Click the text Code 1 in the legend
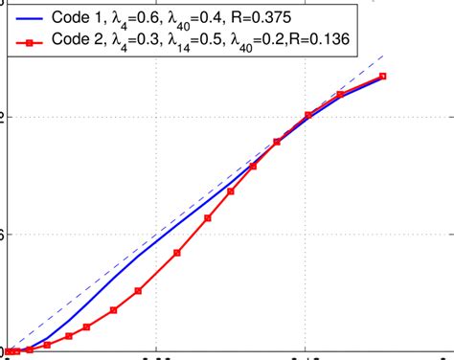(79, 17)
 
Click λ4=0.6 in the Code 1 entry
(141, 18)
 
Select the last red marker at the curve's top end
(383, 76)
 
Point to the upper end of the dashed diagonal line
(383, 55)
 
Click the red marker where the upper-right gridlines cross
(308, 115)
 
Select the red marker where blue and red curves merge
(277, 142)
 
